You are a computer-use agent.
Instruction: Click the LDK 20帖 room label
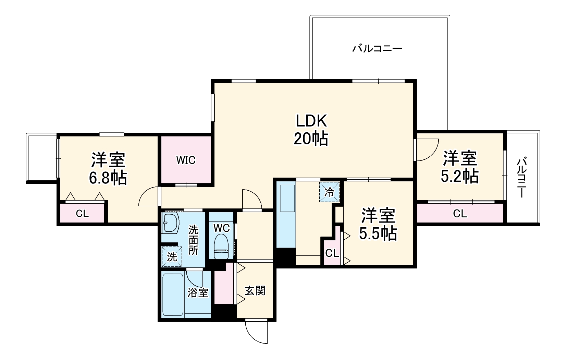(311, 130)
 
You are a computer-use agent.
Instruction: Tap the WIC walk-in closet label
(186, 160)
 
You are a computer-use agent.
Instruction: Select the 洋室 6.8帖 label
(108, 169)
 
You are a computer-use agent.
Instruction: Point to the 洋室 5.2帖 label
(460, 167)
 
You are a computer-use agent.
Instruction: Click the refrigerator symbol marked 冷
(329, 192)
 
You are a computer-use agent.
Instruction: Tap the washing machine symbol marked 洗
(172, 256)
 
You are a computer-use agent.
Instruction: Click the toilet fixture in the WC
(221, 246)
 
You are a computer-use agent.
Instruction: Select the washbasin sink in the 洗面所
(170, 223)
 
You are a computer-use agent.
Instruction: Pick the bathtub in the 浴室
(173, 295)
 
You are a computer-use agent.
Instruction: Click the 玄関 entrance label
(255, 291)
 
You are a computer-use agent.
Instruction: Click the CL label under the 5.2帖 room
(460, 214)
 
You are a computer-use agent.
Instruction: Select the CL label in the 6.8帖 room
(82, 214)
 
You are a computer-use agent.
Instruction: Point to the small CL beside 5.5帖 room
(332, 253)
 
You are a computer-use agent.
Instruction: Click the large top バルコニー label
(377, 48)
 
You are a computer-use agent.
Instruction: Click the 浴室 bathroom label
(198, 293)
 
